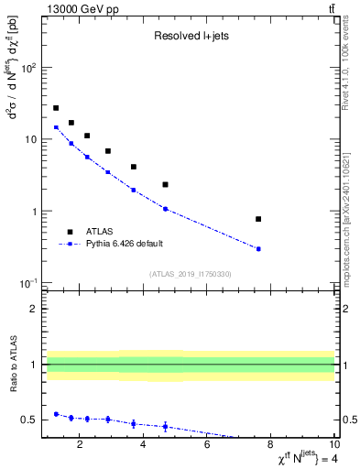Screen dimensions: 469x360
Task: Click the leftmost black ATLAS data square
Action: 56,108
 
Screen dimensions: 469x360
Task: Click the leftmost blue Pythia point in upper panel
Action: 56,127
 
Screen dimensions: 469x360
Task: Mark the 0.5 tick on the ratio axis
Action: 28,420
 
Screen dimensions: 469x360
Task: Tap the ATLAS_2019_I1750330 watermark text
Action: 190,274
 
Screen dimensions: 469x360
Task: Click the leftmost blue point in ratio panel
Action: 56,414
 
